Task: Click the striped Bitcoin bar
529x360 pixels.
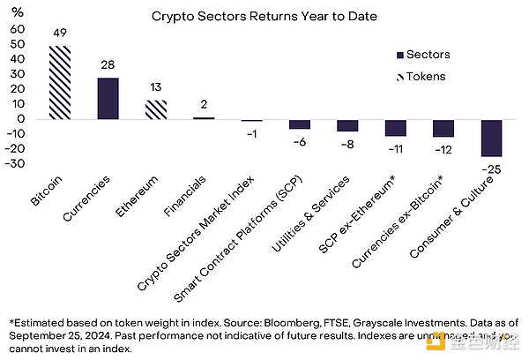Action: [60, 82]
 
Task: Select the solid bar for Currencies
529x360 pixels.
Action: [108, 98]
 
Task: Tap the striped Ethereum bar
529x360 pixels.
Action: [156, 109]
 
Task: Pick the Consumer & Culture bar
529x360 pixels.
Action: [491, 138]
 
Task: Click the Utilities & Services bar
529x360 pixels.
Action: [347, 125]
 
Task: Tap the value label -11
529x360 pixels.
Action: [395, 147]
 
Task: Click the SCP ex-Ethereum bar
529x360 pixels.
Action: [395, 128]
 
